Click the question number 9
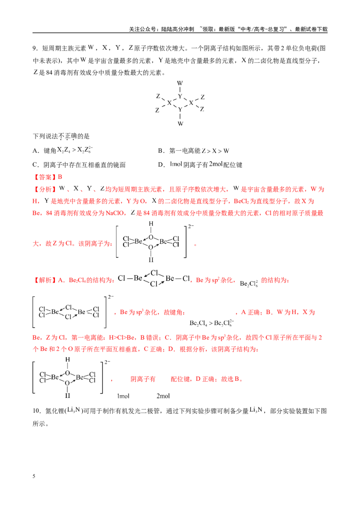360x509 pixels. click(x=35, y=49)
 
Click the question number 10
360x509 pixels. click(x=36, y=411)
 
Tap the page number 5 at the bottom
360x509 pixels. click(x=34, y=476)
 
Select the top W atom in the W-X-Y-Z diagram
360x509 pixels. click(x=180, y=83)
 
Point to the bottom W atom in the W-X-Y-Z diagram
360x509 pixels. click(x=180, y=123)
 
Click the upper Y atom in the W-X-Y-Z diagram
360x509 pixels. click(x=180, y=96)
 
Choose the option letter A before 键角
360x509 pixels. click(x=35, y=151)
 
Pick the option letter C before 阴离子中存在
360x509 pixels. click(x=35, y=165)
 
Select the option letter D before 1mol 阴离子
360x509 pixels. click(x=161, y=165)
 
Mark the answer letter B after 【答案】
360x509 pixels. click(x=60, y=177)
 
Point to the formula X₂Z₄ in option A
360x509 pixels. click(x=64, y=150)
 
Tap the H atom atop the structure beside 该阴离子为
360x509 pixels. click(x=151, y=223)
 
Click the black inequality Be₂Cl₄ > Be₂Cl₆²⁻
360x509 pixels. click(x=211, y=323)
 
